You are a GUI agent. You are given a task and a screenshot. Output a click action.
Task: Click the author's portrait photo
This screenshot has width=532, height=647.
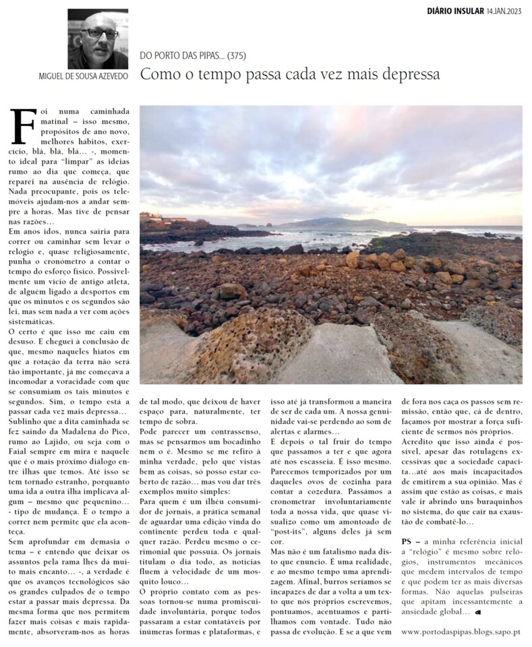click(98, 38)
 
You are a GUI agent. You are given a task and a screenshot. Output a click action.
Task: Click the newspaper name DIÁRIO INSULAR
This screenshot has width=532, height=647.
click(455, 11)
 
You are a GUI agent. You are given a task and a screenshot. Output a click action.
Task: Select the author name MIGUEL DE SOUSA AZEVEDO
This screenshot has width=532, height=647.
click(84, 75)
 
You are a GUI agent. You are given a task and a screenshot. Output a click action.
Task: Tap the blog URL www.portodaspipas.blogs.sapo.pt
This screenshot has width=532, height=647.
click(461, 631)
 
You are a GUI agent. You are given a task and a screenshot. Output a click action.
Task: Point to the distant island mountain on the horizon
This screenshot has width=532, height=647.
click(337, 222)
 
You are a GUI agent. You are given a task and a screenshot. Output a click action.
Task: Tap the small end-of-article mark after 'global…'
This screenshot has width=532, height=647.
click(477, 612)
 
